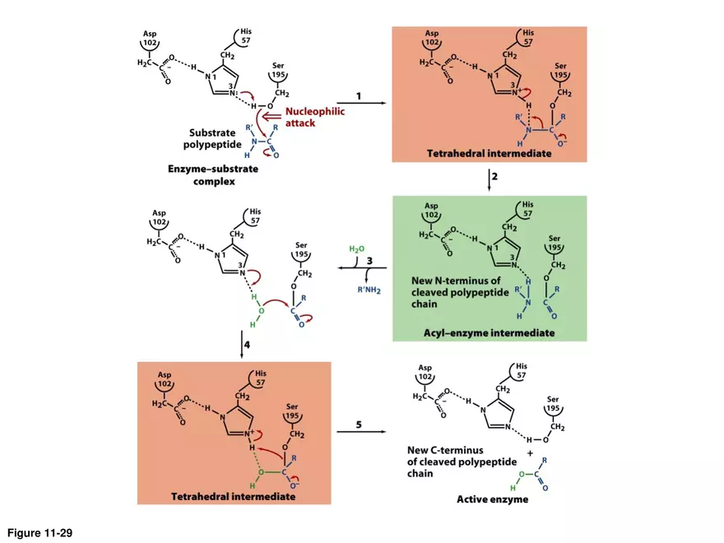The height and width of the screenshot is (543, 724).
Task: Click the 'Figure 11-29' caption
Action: pos(40,533)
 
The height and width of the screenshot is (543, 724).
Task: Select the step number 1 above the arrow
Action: pos(359,96)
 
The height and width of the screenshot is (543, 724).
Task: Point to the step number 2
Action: pos(495,176)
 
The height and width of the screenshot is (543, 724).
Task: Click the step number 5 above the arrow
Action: pos(359,425)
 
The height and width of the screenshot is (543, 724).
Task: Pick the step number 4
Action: pos(247,344)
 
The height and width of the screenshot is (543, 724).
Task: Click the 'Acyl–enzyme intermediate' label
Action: pos(489,333)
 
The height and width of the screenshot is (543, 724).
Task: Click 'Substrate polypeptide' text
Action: pos(212,138)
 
